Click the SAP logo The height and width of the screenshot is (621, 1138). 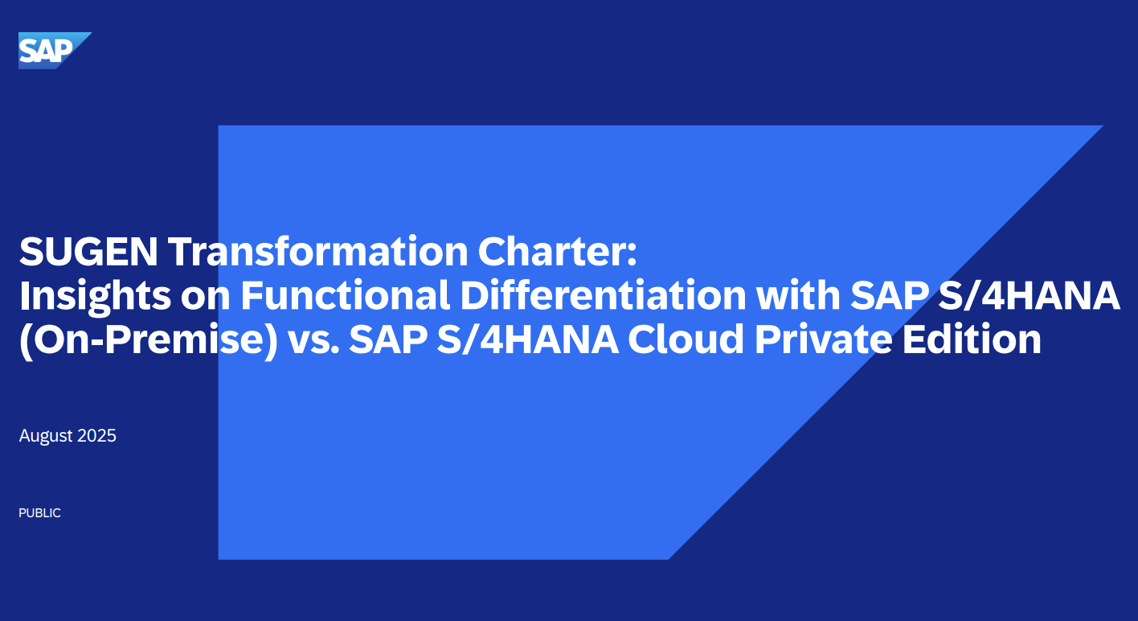pyautogui.click(x=55, y=51)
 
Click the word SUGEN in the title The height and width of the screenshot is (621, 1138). pyautogui.click(x=88, y=251)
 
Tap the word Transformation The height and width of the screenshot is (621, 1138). pyautogui.click(x=318, y=251)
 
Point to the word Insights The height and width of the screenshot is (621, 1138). pyautogui.click(x=95, y=296)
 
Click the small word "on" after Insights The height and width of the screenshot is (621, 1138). pyautogui.click(x=205, y=297)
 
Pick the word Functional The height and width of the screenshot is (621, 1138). pyautogui.click(x=345, y=295)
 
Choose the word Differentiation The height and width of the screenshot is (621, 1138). pyautogui.click(x=603, y=295)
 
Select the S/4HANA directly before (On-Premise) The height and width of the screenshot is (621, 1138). pyautogui.click(x=1028, y=295)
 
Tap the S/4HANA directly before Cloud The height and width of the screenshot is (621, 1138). pyautogui.click(x=527, y=339)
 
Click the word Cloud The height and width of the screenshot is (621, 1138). pyautogui.click(x=686, y=339)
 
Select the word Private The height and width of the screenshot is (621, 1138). pyautogui.click(x=824, y=339)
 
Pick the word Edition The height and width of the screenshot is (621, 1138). pyautogui.click(x=972, y=339)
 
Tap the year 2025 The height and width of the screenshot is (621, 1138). pyautogui.click(x=97, y=436)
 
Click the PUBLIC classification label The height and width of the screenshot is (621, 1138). pyautogui.click(x=39, y=513)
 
